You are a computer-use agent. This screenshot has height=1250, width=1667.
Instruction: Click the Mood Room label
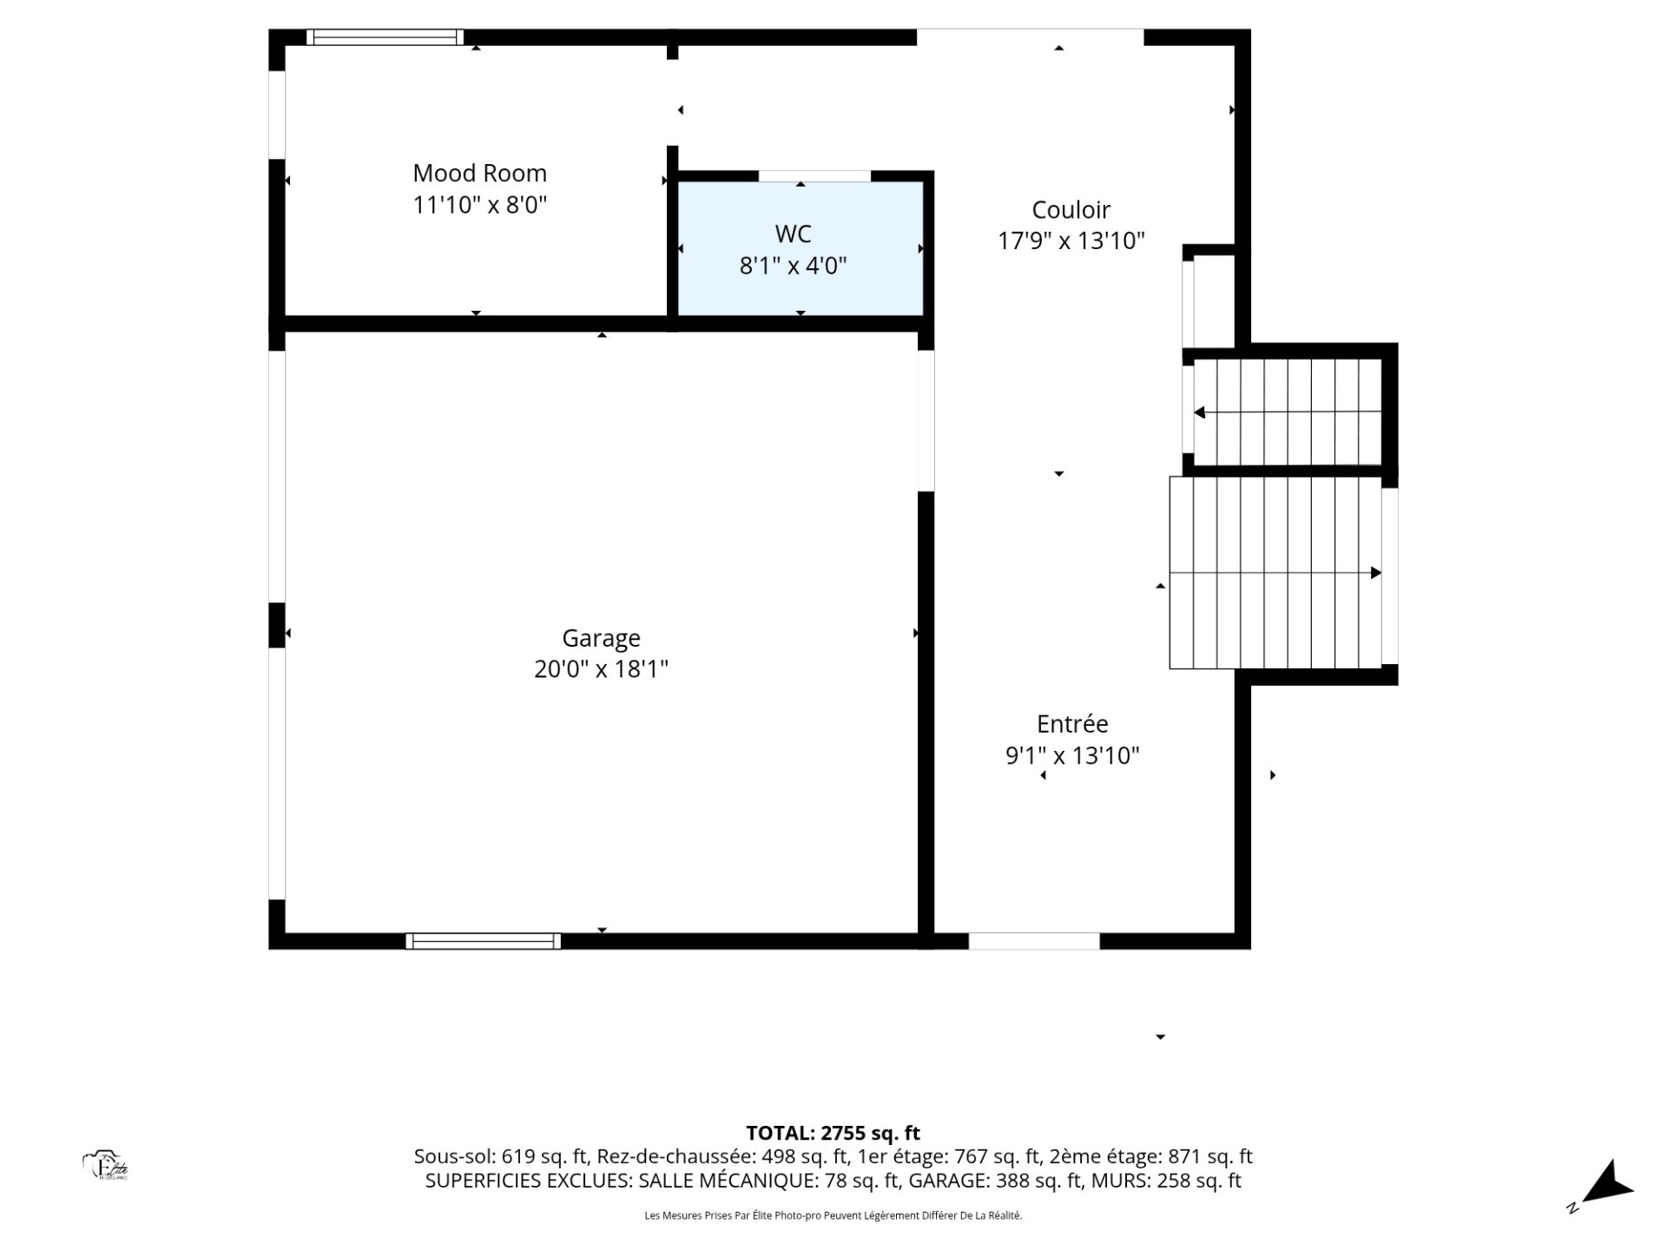coord(479,174)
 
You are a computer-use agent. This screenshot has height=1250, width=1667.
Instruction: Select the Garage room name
coord(601,639)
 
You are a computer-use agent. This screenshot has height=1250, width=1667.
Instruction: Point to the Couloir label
coord(1071,210)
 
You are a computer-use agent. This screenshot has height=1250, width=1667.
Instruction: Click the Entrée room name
coord(1072,724)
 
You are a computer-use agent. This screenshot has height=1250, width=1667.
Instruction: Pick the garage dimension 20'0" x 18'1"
coord(601,670)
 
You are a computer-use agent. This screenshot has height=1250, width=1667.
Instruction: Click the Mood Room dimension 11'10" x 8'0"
coord(479,206)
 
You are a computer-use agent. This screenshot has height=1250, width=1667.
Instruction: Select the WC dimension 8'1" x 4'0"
coord(793,266)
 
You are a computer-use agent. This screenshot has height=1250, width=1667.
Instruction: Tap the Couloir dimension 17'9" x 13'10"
coord(1071,241)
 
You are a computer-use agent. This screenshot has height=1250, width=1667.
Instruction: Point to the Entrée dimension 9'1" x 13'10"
coord(1072,756)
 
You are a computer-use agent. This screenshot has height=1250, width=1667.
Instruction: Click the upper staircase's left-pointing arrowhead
coord(1200,413)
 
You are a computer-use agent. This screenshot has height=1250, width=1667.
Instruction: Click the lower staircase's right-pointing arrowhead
coord(1375,573)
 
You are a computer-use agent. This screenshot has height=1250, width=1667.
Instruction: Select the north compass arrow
coord(1608,1186)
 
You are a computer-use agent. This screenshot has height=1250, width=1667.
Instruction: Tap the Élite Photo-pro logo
coord(105,1165)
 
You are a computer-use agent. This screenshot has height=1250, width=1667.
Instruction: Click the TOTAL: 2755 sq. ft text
coord(833,1133)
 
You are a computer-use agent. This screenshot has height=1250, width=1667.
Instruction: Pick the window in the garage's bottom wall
coord(483,941)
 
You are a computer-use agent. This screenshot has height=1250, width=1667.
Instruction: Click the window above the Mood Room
coord(385,37)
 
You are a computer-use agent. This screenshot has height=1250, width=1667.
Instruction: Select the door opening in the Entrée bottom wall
coord(1034,941)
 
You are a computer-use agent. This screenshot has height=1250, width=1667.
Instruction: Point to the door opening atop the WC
coord(814,176)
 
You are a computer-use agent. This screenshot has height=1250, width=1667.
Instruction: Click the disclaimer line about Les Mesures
coord(833,1216)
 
